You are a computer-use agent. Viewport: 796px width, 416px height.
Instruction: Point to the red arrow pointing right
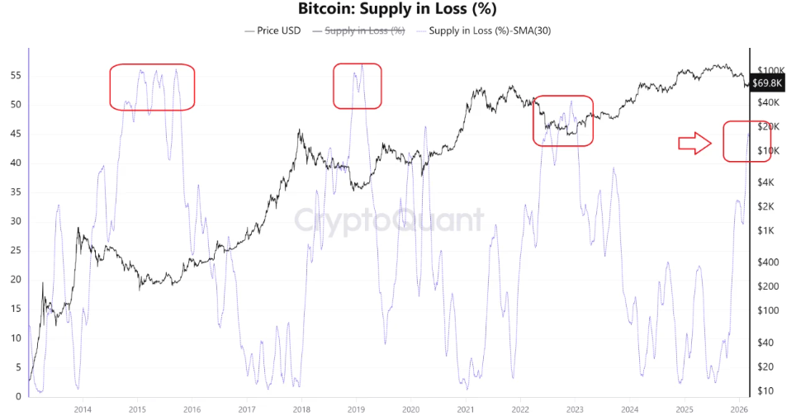(694, 144)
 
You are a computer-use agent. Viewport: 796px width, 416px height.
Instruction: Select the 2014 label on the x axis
(82, 409)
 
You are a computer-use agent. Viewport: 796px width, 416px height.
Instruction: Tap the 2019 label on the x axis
(356, 409)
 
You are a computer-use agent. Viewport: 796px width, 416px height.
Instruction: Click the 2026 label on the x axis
(739, 409)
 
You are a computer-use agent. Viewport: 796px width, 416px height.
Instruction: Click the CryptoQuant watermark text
(389, 220)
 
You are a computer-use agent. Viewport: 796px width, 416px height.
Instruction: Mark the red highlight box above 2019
(358, 86)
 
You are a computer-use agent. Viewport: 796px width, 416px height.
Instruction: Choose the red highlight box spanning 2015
(152, 87)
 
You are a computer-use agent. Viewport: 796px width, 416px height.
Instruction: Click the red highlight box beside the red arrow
(746, 141)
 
